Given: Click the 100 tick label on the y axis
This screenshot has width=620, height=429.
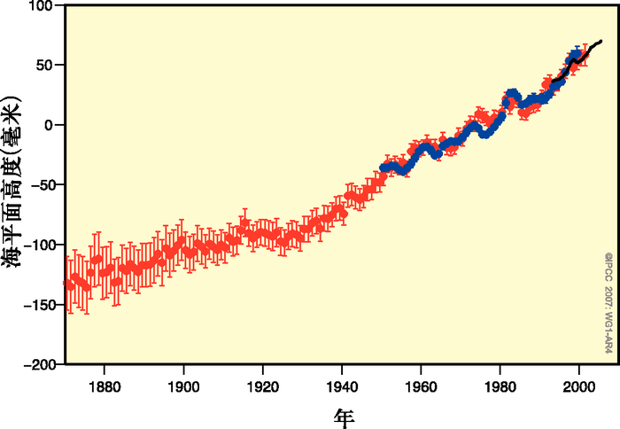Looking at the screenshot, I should [42, 6].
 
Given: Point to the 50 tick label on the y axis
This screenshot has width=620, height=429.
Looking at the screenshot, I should [45, 65].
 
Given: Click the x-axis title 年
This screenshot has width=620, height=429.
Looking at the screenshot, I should [345, 415].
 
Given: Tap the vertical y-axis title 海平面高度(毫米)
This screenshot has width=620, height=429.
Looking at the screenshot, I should [12, 185].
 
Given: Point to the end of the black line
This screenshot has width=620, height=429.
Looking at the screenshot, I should [601, 41].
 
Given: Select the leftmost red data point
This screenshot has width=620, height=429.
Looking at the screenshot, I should [68, 285].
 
